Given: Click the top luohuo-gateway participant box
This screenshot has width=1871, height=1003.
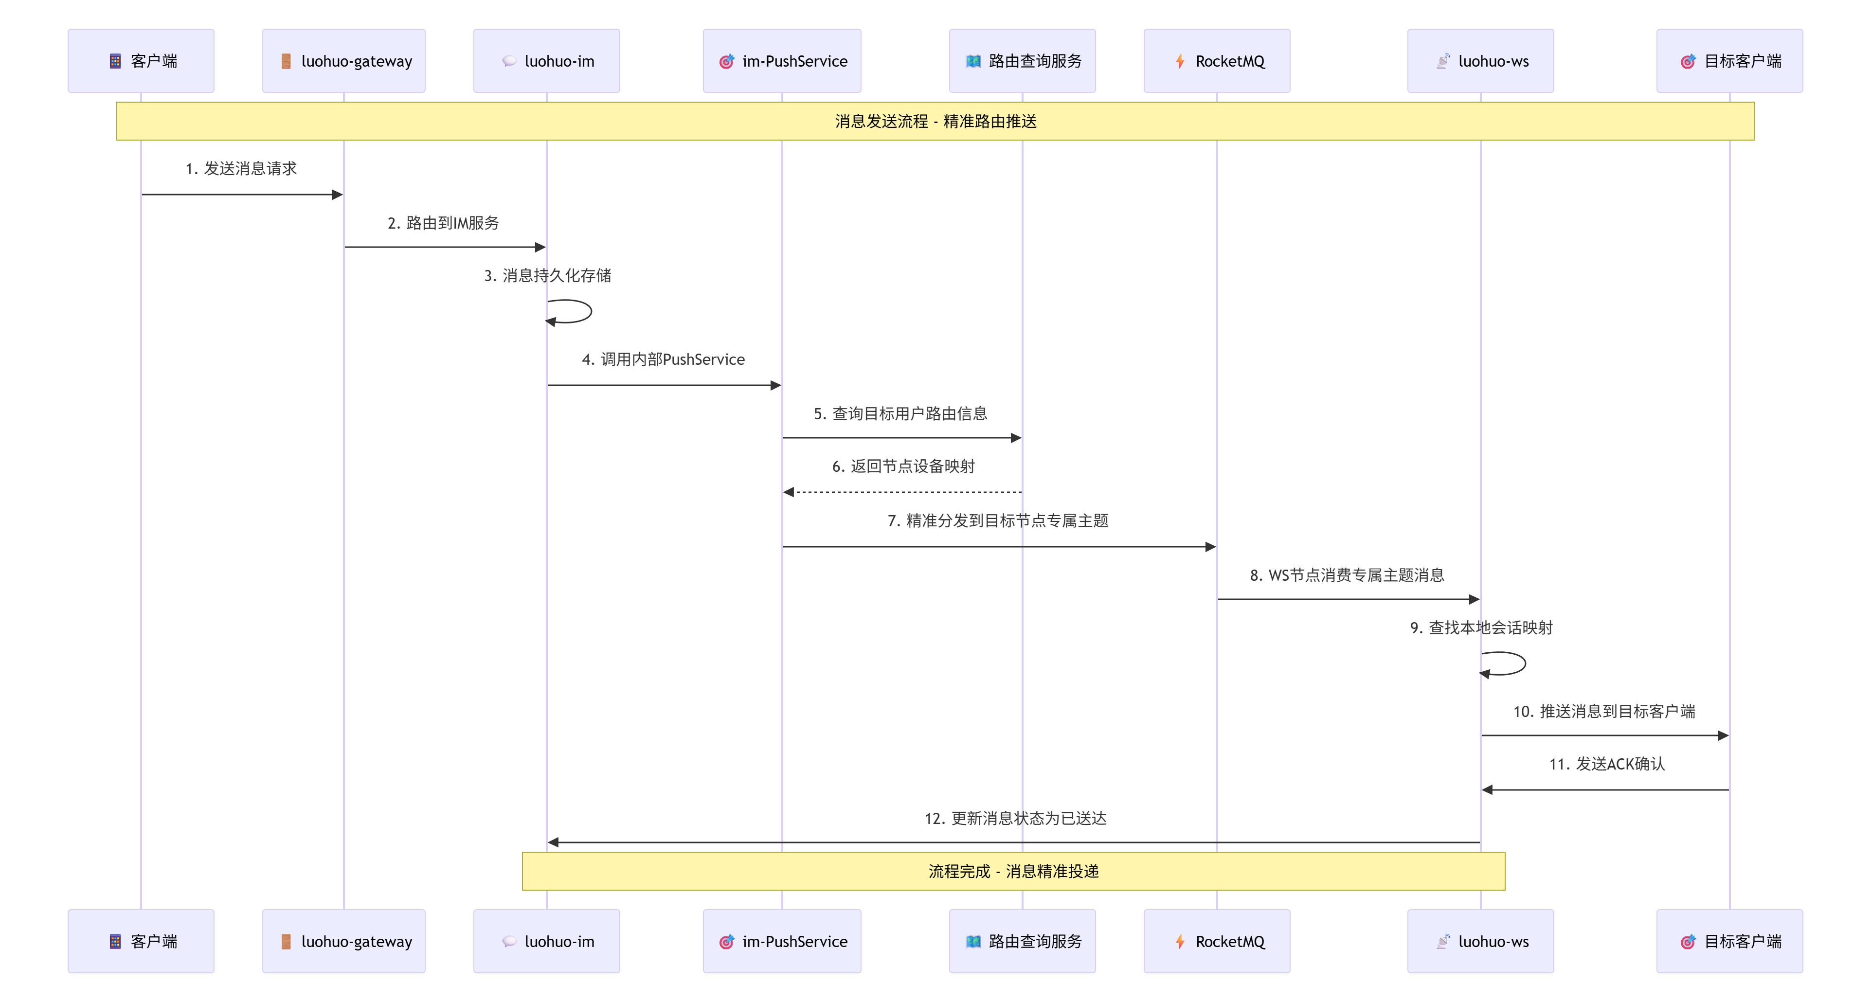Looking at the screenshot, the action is (x=343, y=61).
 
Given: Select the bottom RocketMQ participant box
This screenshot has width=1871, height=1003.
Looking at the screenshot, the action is (x=1217, y=941).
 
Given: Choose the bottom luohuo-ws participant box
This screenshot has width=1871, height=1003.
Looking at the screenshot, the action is (x=1480, y=941).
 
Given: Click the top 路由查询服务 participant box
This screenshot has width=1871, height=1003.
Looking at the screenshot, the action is (x=1022, y=61).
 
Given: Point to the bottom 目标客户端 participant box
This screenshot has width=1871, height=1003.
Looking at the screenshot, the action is (x=1729, y=941).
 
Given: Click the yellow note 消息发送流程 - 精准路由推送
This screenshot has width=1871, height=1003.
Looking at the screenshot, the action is (x=935, y=121).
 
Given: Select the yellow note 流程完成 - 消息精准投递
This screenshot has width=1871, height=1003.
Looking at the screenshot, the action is (x=1013, y=872).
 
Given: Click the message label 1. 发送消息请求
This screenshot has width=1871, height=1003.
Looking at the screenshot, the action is (x=241, y=168).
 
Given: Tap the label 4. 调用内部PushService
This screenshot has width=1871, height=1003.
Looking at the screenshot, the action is (x=663, y=359).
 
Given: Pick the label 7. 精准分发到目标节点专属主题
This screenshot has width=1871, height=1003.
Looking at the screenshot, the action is (x=998, y=521).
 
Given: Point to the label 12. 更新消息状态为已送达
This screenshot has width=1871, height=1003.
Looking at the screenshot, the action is (x=1015, y=819).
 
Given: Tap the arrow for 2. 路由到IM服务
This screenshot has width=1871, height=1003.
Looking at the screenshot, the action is (x=445, y=248).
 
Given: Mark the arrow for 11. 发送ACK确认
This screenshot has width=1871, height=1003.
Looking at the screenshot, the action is (x=1605, y=789).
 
